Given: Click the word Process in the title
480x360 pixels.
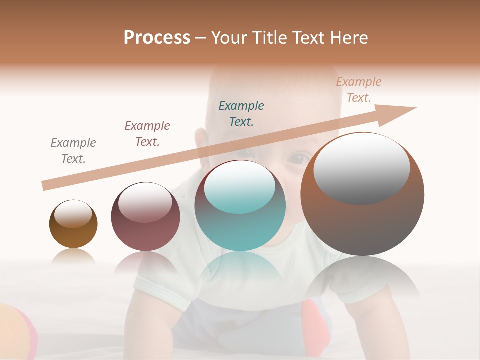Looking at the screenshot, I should [x=157, y=38].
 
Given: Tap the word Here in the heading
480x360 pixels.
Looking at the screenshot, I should [x=348, y=38].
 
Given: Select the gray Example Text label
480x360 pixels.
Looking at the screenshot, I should [x=73, y=151].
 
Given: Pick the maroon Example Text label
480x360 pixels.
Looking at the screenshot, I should [x=147, y=134].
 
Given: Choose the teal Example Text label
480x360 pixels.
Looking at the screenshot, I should [x=241, y=114].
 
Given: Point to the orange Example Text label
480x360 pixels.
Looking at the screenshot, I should [x=359, y=90].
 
